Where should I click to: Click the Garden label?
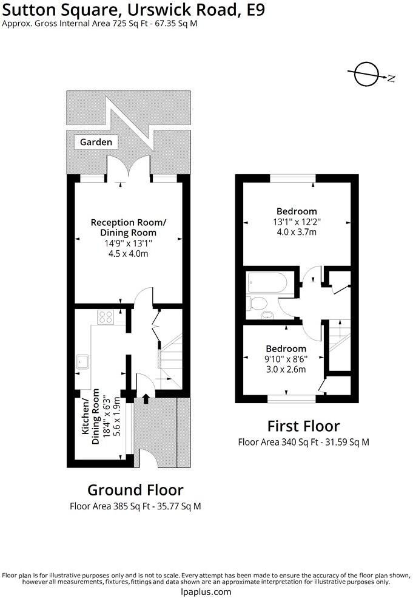(96, 142)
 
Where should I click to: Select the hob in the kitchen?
(106, 316)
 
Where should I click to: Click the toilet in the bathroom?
(257, 304)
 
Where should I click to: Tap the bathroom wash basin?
(267, 315)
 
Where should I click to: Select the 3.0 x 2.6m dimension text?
(286, 369)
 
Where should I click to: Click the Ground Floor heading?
(135, 490)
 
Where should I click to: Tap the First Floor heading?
(303, 426)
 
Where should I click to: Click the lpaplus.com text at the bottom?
(206, 591)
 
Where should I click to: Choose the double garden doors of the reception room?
(128, 169)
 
